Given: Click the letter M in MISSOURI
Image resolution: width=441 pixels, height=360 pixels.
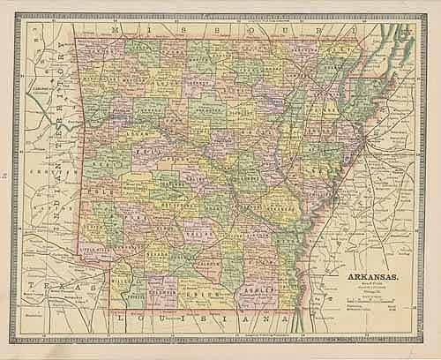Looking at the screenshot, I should pos(116,31).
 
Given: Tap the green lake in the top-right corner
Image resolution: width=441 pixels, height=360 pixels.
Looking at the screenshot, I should pos(401,35).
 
